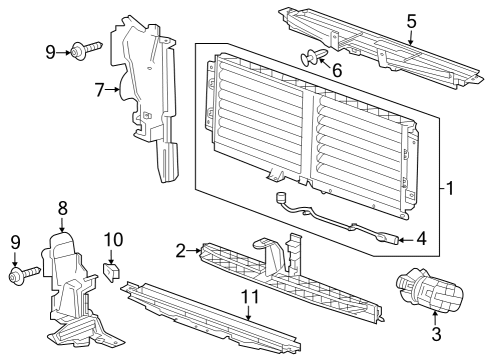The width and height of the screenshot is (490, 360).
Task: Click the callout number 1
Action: click(x=450, y=187)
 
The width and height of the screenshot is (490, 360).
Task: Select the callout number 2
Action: click(x=181, y=250)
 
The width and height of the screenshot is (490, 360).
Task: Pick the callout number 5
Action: click(x=411, y=19)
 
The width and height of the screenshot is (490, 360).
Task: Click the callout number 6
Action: click(x=336, y=72)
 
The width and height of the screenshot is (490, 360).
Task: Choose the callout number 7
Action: click(x=100, y=91)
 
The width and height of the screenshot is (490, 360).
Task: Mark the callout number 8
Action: click(x=62, y=209)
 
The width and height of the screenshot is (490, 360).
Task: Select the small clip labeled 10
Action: click(x=112, y=268)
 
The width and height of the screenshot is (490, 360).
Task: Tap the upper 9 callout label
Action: click(x=50, y=49)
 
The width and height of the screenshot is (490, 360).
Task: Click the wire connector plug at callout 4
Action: click(x=389, y=238)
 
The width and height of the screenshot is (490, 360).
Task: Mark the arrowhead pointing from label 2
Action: click(x=199, y=250)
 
